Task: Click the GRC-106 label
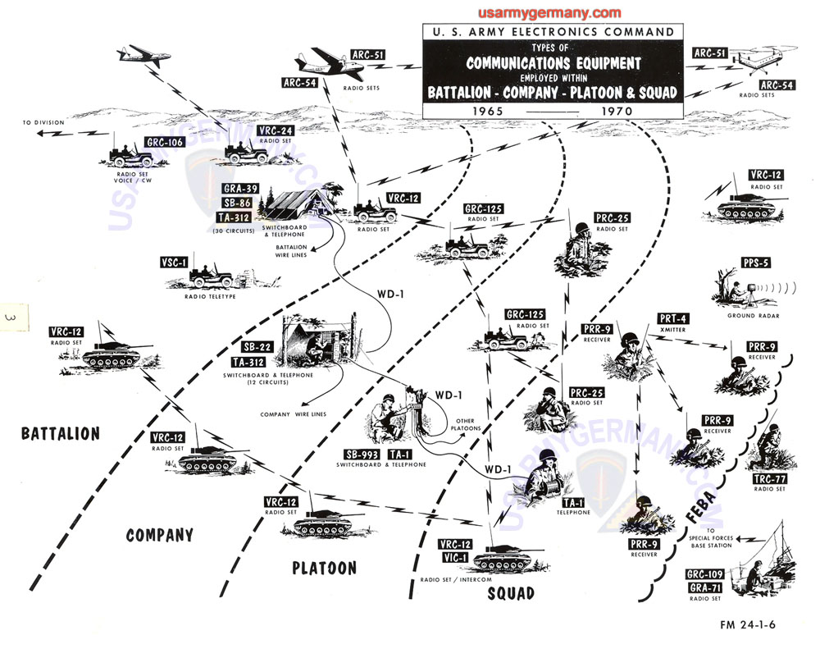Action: point(165,142)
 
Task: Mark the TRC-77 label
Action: point(768,478)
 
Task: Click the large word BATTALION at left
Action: point(60,433)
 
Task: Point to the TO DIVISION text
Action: point(44,123)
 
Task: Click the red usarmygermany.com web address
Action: point(549,13)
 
